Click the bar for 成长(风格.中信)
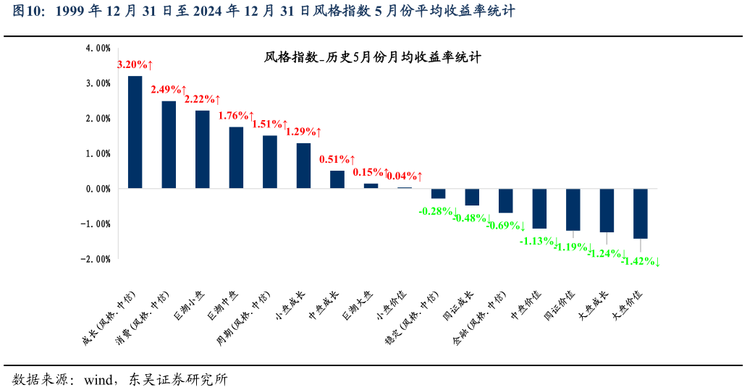click(135, 132)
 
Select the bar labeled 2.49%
click(169, 145)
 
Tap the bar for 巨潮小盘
click(203, 149)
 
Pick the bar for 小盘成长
click(304, 166)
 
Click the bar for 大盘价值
click(640, 213)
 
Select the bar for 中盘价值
click(539, 208)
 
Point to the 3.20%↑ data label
click(135, 64)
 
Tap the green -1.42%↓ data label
click(640, 261)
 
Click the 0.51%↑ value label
click(337, 159)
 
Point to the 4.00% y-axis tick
click(98, 48)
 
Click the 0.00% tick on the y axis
click(98, 189)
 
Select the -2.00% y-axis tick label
click(97, 259)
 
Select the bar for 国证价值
click(573, 210)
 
